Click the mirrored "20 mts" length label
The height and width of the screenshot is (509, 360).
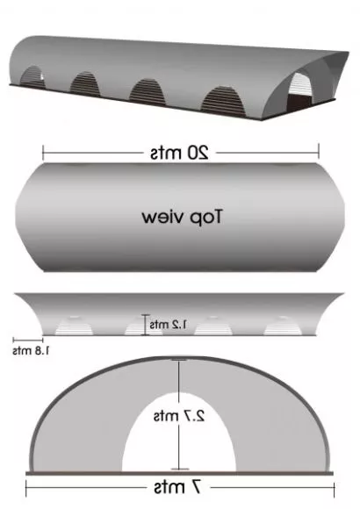click(x=179, y=152)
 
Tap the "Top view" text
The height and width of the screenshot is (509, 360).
click(x=183, y=217)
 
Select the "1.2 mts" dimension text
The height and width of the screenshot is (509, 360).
click(x=169, y=325)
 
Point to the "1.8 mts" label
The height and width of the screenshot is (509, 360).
click(x=31, y=350)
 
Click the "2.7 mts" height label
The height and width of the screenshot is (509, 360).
click(x=179, y=416)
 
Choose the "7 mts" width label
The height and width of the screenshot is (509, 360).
click(x=177, y=487)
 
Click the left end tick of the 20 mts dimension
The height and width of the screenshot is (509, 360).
click(x=43, y=153)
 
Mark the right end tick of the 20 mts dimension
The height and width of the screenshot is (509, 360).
click(x=319, y=151)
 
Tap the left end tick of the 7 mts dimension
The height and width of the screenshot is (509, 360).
click(x=26, y=488)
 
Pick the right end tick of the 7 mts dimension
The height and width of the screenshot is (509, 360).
click(x=334, y=489)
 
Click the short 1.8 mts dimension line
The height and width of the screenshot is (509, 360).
click(x=28, y=341)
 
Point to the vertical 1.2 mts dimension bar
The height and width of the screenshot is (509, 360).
click(x=145, y=325)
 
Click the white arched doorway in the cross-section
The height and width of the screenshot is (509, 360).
click(x=179, y=435)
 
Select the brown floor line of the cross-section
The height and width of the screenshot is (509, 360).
click(x=179, y=473)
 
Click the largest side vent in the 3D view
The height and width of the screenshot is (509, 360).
click(x=223, y=100)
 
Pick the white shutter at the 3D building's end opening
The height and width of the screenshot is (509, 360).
click(x=300, y=84)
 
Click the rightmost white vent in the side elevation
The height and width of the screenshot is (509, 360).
click(x=283, y=326)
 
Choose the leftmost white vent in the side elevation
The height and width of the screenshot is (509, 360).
click(x=74, y=326)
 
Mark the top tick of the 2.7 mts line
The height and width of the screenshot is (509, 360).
click(x=179, y=360)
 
